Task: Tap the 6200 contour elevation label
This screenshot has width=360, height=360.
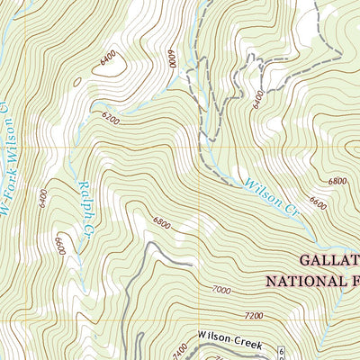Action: [x=111, y=117]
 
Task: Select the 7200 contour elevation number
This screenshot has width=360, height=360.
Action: [x=254, y=316]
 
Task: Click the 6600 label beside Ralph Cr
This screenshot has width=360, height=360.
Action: [x=59, y=246]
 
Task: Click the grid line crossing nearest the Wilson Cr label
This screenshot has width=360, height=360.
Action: [x=199, y=147]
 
